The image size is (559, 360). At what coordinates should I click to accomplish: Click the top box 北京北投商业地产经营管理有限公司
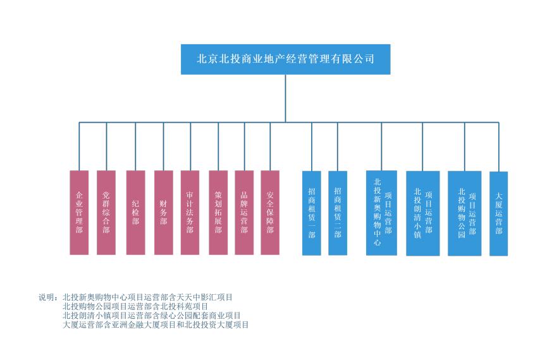coord(285,59)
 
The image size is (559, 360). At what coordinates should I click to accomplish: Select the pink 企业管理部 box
coord(79,213)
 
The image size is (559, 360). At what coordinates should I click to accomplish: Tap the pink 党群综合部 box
coord(106,213)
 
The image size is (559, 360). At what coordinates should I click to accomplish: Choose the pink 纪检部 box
coord(136,213)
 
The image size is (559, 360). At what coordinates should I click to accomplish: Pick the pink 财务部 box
coord(163,213)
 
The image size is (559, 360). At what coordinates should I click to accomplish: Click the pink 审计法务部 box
coord(190,213)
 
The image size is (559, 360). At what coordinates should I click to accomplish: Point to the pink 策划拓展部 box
coord(218,213)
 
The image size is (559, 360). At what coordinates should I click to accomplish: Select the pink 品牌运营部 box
coord(244,213)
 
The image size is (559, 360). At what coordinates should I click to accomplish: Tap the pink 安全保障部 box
coord(270,213)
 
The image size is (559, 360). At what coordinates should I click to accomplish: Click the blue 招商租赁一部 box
coord(311,213)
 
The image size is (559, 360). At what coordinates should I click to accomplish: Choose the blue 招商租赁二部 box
coord(338,213)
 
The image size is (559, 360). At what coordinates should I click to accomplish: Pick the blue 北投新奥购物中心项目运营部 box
coord(381,213)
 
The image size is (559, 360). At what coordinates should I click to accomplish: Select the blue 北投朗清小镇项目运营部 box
coord(422,213)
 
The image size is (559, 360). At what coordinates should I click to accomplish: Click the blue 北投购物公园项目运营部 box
coord(465,213)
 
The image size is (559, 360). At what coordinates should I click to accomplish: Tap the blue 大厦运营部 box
coord(498,213)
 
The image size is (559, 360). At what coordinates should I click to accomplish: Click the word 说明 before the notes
coord(47,297)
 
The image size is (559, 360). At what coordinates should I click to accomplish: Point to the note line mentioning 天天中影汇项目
coord(148,297)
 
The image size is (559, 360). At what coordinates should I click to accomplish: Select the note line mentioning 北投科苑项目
coord(135,306)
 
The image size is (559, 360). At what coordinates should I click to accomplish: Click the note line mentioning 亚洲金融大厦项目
coord(156,325)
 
